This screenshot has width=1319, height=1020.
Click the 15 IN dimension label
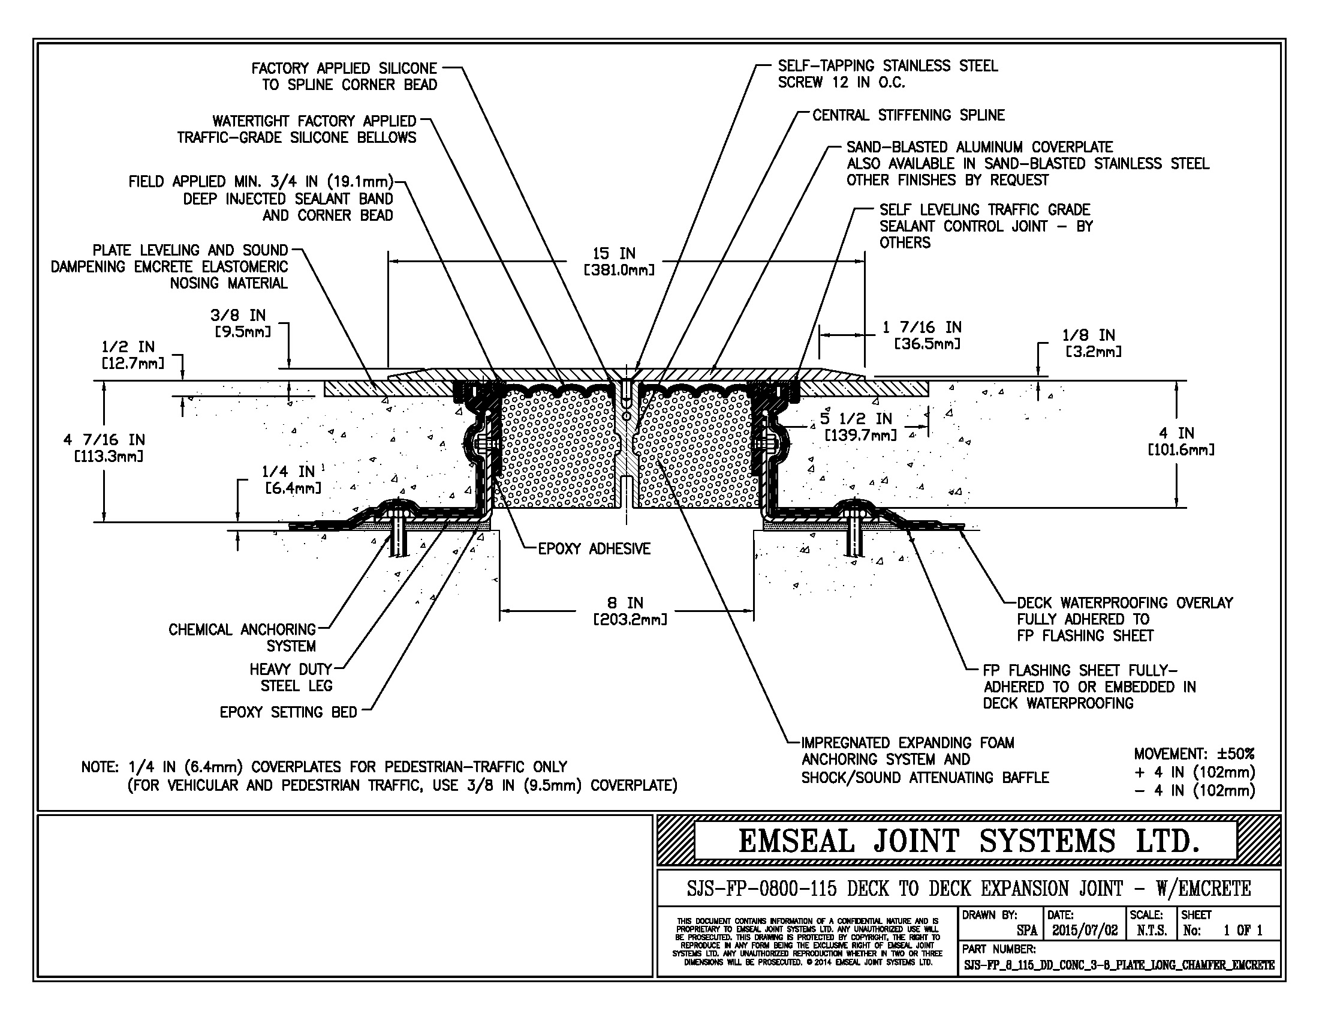[613, 254]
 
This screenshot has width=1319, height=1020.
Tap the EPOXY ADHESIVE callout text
[594, 548]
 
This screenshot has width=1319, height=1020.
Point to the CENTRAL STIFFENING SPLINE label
[908, 115]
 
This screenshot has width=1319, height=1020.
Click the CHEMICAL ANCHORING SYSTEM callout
[242, 637]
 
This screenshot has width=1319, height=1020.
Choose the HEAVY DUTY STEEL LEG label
[291, 677]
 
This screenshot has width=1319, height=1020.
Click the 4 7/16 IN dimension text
[104, 440]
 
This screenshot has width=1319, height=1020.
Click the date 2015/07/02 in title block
[1085, 930]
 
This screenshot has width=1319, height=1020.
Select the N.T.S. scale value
[1151, 930]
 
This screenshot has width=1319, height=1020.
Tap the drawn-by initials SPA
[1026, 931]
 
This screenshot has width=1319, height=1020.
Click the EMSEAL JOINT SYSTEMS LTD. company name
[968, 841]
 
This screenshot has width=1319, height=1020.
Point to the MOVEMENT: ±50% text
[1194, 754]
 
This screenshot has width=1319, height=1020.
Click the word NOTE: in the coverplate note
[100, 767]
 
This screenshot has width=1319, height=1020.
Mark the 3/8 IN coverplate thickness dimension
[238, 315]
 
